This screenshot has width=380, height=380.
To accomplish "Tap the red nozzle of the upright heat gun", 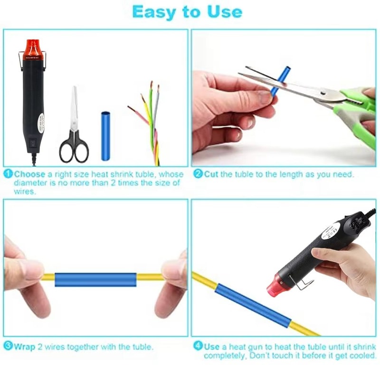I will pos(34,47).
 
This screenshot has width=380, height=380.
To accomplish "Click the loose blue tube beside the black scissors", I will pos(105,135).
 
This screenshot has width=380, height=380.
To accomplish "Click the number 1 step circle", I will pos(8,174).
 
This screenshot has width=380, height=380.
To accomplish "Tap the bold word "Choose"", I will pos(29,174).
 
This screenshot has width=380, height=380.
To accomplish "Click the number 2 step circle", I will pos(198,174).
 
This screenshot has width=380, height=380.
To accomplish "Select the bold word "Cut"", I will pos(212,174).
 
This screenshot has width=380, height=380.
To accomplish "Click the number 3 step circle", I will pos(8,346).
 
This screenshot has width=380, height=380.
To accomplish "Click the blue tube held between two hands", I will pos(95,279).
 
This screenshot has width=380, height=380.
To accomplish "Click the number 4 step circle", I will pos(198,346).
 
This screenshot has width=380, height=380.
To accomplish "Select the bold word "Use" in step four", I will pos(212,347).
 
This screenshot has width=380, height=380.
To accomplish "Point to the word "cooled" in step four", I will pos(362,355).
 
